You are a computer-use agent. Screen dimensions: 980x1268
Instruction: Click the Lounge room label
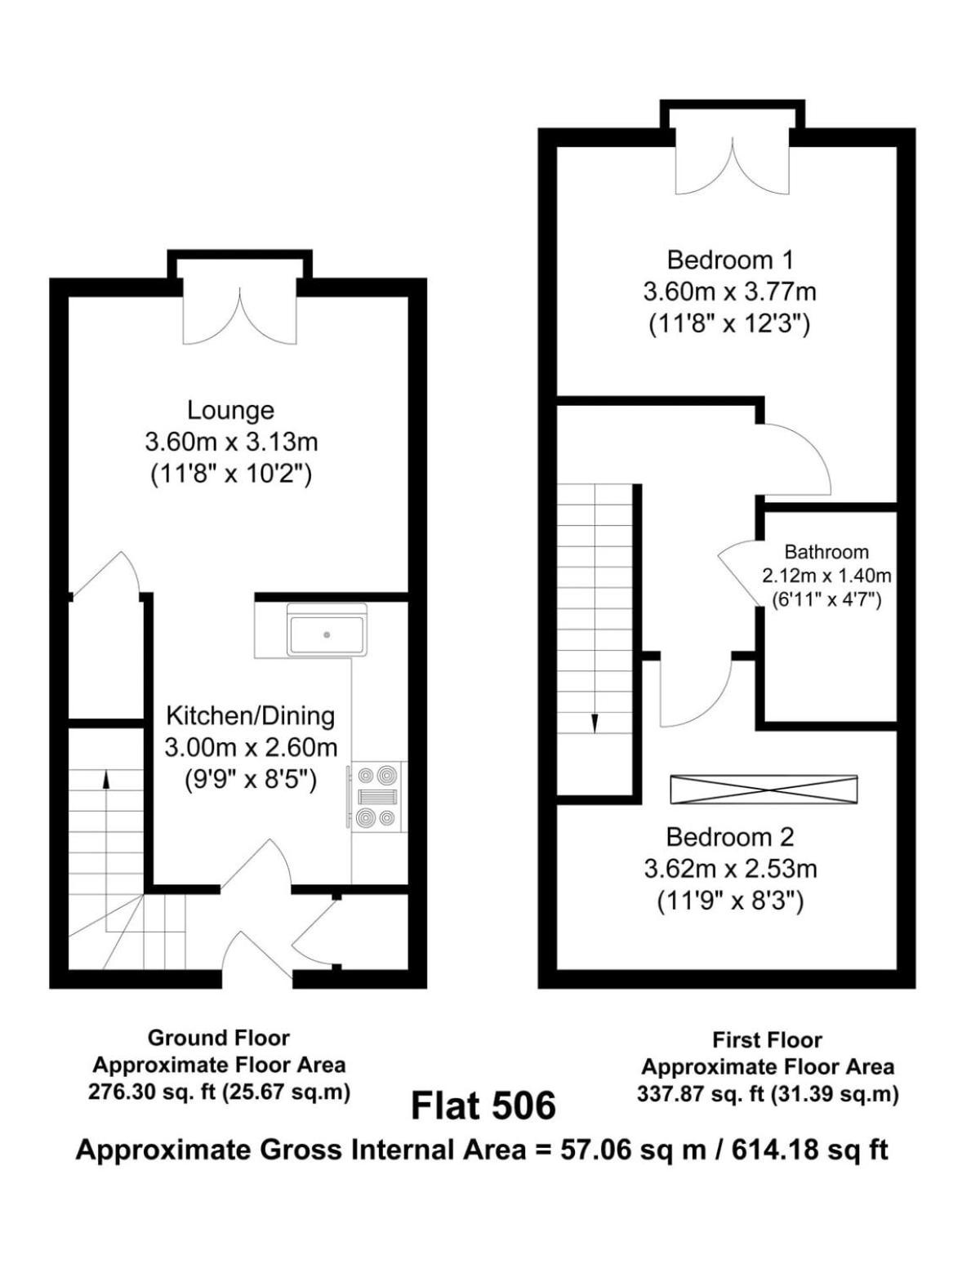pyautogui.click(x=230, y=411)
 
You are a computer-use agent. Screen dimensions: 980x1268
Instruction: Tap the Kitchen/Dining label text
pyautogui.click(x=251, y=716)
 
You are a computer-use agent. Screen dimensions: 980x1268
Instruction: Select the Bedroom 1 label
pyautogui.click(x=730, y=260)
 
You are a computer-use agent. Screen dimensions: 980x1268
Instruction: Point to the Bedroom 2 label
pyautogui.click(x=730, y=838)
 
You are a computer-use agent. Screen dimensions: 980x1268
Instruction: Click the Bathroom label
pyautogui.click(x=826, y=551)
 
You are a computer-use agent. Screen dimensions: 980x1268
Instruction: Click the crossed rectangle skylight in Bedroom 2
pyautogui.click(x=764, y=790)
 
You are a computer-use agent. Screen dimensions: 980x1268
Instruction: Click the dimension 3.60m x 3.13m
pyautogui.click(x=231, y=443)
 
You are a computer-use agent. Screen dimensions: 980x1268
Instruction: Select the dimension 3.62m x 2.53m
pyautogui.click(x=730, y=870)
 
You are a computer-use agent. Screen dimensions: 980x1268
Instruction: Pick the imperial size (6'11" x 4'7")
pyautogui.click(x=826, y=599)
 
